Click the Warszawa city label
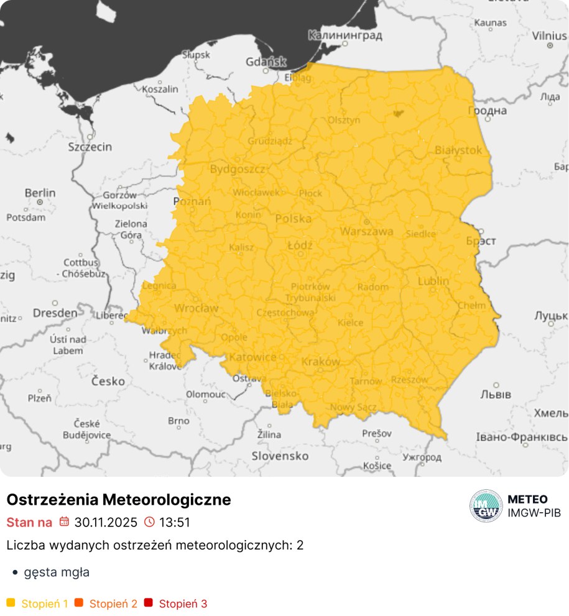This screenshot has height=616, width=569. point(366,231)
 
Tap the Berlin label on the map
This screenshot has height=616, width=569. point(40,193)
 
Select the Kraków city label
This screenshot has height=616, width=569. point(320,362)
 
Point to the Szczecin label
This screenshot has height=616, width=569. point(90,147)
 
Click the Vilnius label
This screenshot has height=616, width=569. point(549,35)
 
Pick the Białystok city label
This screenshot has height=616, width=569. point(458,150)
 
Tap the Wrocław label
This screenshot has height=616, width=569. point(196,308)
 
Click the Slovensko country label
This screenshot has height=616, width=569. point(280,456)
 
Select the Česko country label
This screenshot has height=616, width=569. point(108,381)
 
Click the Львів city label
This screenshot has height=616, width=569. point(496,395)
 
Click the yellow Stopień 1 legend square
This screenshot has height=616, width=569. point(11,603)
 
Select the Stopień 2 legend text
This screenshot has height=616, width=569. point(113,604)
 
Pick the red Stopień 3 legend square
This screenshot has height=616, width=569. point(148,603)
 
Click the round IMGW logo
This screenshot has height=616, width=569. point(486,506)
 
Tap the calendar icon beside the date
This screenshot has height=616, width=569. point(64,522)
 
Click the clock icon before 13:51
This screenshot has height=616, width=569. point(149,522)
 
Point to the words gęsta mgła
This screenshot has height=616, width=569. point(57,572)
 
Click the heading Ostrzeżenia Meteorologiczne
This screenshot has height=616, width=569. point(119,499)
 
